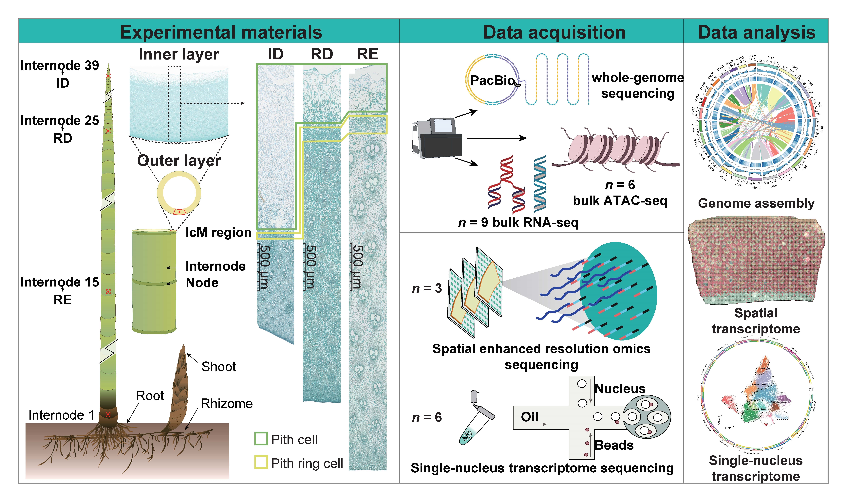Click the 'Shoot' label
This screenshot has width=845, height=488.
pos(219,367)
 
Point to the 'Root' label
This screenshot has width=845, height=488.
pos(150,396)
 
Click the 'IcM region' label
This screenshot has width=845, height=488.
pos(218,232)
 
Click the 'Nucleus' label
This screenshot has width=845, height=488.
pos(620,389)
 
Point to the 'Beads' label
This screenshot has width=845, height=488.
pos(614,445)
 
